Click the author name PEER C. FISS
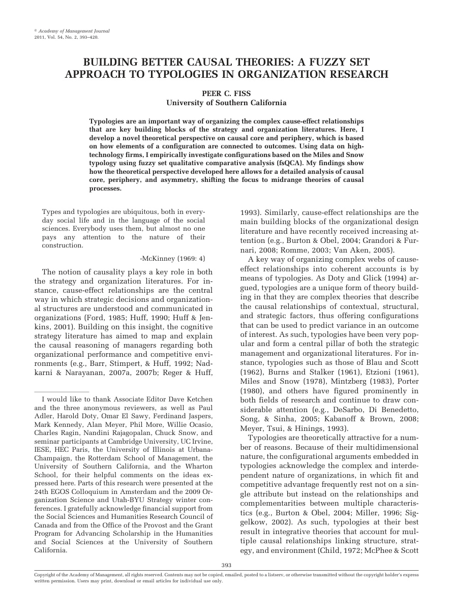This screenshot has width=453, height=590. point(226,93)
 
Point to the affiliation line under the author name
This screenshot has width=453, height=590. point(226,102)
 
